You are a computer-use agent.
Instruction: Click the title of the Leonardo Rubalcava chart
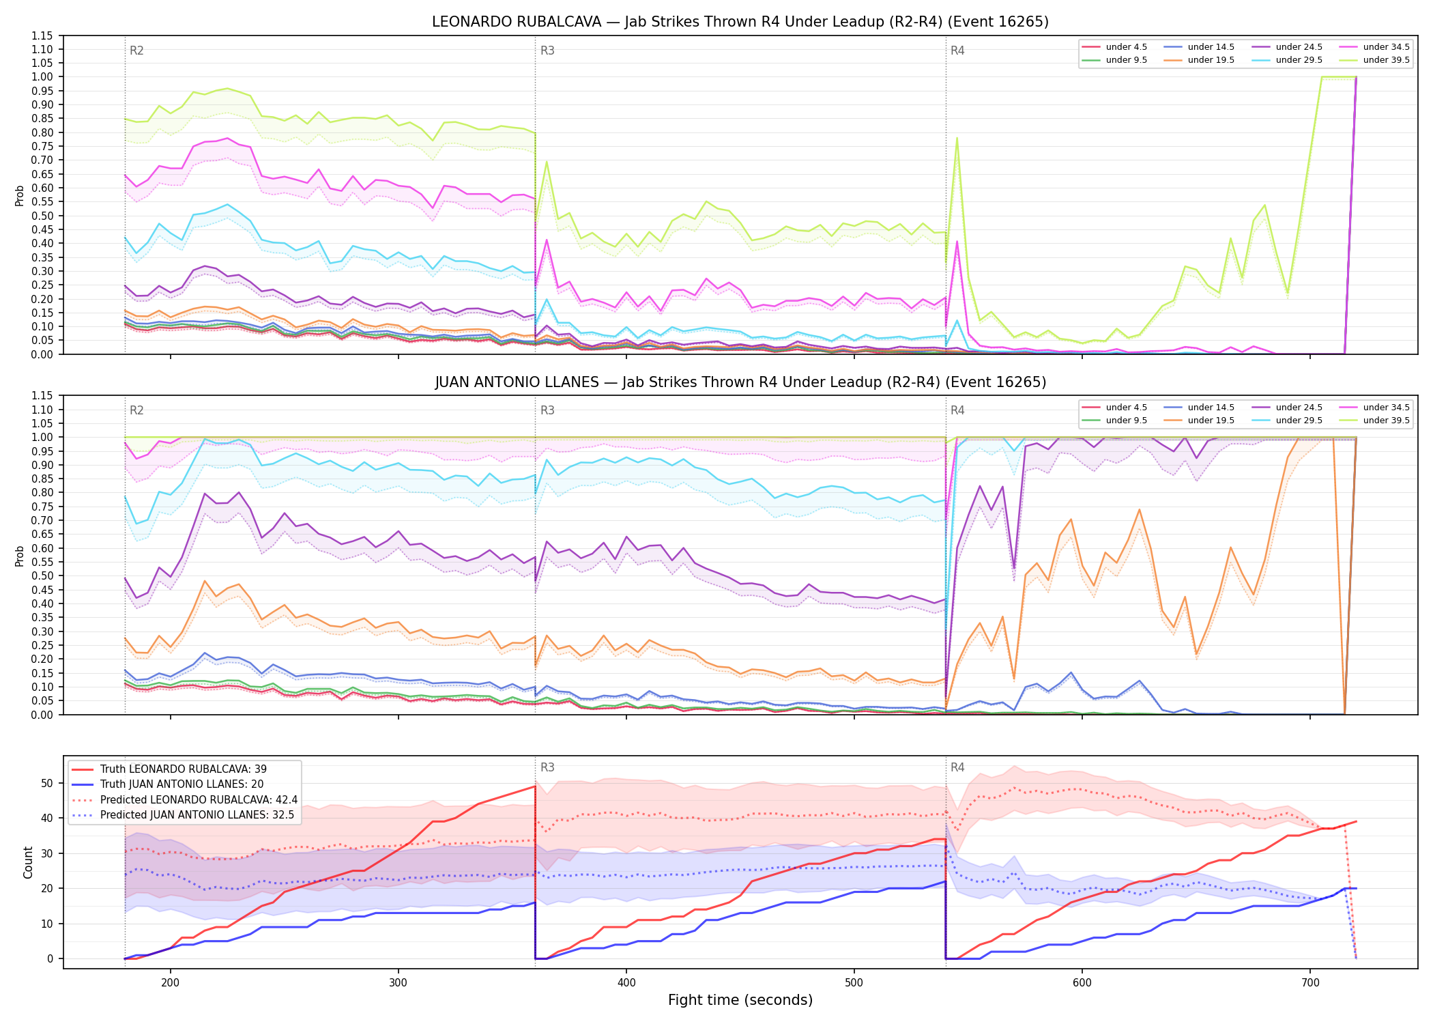tap(740, 22)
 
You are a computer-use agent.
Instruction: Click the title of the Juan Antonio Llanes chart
tap(740, 382)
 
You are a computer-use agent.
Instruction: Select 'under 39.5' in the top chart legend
tap(1386, 60)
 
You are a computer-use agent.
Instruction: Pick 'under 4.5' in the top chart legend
tap(1126, 47)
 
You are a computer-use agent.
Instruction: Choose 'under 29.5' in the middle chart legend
tap(1299, 421)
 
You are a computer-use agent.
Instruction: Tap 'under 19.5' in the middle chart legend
tap(1211, 421)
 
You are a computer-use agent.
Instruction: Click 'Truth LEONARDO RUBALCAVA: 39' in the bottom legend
tap(184, 769)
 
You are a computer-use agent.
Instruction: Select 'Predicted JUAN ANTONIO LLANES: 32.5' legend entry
tap(197, 814)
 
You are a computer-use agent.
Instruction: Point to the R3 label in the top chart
tap(547, 51)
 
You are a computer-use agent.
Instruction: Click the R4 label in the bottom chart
tap(957, 767)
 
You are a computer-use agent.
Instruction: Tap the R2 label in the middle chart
tap(136, 410)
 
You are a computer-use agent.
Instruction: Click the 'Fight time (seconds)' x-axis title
tap(740, 1000)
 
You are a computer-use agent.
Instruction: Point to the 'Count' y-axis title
tap(28, 862)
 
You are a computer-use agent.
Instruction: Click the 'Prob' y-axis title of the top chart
tap(20, 195)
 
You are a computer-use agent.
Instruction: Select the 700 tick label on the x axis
tap(1310, 983)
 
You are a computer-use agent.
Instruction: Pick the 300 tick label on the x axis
tap(398, 983)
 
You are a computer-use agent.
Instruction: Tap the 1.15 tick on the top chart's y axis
tap(42, 35)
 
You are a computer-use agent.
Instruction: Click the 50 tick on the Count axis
tap(46, 783)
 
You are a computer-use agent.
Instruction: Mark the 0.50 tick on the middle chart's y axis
tap(42, 575)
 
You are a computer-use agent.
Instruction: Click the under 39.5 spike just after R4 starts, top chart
tap(957, 138)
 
